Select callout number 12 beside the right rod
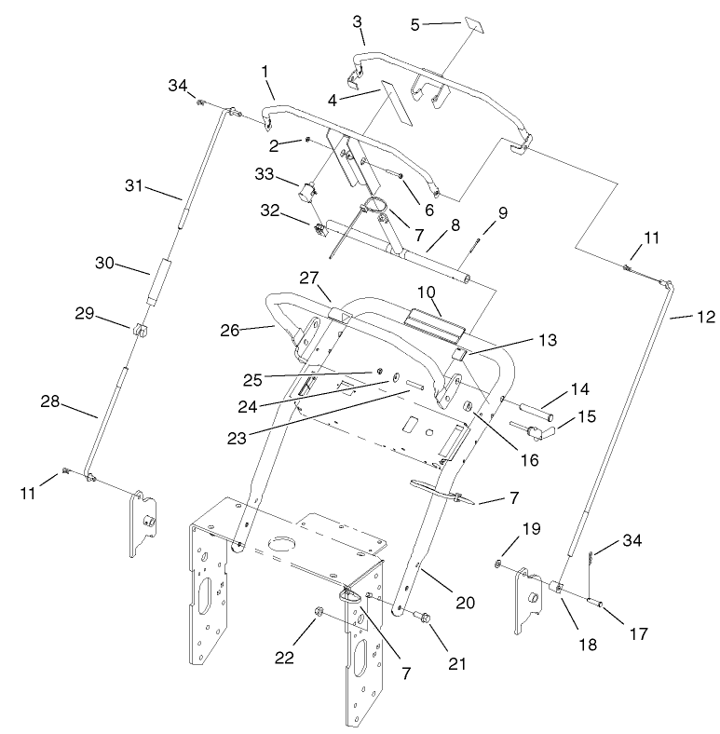(x=706, y=318)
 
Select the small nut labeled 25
(x=381, y=372)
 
